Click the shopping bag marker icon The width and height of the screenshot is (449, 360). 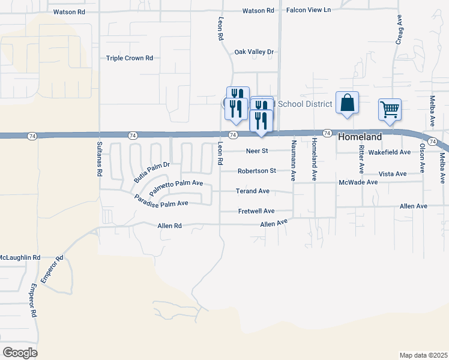[347, 103]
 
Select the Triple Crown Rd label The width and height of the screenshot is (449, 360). [130, 58]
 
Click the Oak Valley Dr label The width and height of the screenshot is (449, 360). [254, 52]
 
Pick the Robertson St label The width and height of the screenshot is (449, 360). [256, 171]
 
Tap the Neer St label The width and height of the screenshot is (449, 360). [257, 151]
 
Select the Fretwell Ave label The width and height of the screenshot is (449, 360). [256, 211]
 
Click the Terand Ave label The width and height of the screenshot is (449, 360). [252, 191]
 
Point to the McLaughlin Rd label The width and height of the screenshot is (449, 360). [20, 257]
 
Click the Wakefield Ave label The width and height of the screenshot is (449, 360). [389, 152]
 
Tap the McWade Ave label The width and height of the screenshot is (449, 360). [358, 182]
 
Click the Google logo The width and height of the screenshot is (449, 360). [20, 353]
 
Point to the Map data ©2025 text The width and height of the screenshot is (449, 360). [423, 355]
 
